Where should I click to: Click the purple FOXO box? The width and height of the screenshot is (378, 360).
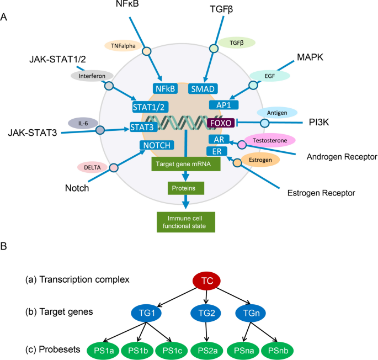tap(221, 122)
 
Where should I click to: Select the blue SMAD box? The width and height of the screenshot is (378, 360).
tap(203, 88)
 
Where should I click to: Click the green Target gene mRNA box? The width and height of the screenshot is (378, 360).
tap(185, 163)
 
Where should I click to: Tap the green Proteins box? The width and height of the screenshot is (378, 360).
tap(185, 189)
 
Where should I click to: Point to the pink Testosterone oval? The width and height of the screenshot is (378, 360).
tap(265, 140)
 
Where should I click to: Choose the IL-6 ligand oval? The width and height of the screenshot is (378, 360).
tap(82, 123)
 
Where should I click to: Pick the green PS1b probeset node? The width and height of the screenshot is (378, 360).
tap(139, 350)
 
